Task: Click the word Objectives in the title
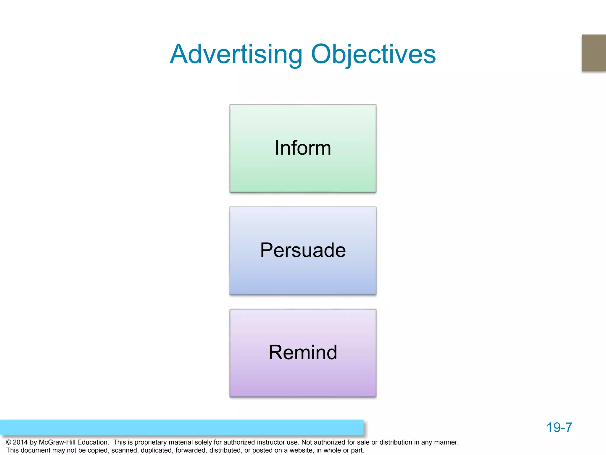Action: pyautogui.click(x=373, y=55)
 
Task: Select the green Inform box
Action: pyautogui.click(x=303, y=148)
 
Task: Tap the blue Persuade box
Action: pyautogui.click(x=303, y=251)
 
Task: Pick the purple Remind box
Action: pyautogui.click(x=303, y=353)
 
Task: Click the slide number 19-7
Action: pyautogui.click(x=559, y=427)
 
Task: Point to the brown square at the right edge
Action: pyautogui.click(x=594, y=53)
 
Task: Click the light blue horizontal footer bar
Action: pyautogui.click(x=182, y=427)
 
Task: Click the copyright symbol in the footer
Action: pyautogui.click(x=9, y=442)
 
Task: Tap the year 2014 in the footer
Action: pyautogui.click(x=20, y=442)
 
